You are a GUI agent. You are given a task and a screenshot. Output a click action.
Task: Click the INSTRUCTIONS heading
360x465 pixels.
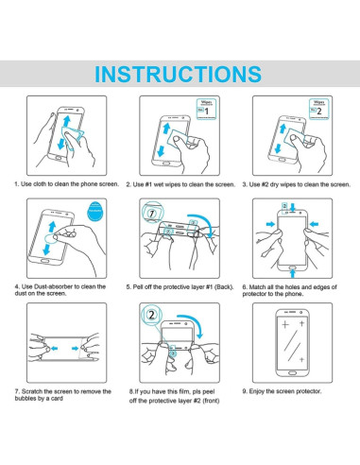pos(178,74)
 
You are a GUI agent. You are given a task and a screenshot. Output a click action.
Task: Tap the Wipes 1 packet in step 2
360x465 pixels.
pos(207,110)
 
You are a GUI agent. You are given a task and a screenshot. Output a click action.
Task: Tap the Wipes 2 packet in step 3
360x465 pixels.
pos(319,110)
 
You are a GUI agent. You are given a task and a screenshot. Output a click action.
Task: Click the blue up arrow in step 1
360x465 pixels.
pos(66,122)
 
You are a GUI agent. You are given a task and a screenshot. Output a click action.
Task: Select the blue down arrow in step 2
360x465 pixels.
pos(161,150)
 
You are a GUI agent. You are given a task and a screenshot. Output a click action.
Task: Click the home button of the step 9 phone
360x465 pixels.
pos(292,373)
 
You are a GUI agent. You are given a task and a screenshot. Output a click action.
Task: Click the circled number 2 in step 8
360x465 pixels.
pos(152,315)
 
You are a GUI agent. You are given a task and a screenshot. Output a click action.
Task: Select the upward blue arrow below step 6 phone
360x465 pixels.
pos(293,273)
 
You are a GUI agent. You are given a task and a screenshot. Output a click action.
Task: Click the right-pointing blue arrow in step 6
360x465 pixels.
pos(270,224)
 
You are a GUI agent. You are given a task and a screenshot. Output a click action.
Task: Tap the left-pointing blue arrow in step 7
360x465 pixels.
pos(54,349)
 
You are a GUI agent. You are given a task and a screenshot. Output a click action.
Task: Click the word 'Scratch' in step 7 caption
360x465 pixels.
pos(32,391)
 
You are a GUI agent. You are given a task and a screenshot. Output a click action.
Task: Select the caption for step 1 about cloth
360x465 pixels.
pos(67,184)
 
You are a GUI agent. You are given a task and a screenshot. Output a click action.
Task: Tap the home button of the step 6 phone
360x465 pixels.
pos(293,267)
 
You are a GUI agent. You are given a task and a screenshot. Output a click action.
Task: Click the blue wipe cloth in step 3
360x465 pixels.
pos(297,137)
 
